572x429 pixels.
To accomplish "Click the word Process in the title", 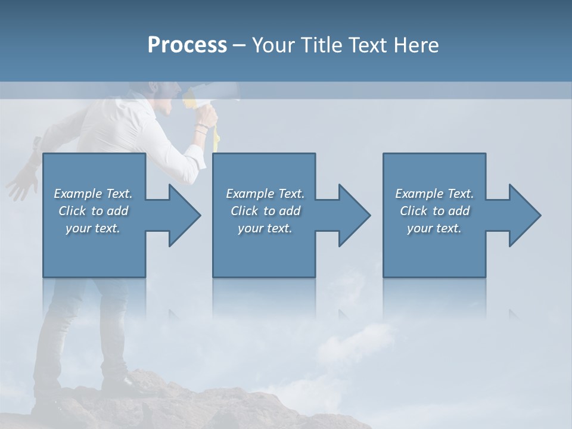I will point(187,45).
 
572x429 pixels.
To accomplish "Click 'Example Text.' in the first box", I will point(93,194).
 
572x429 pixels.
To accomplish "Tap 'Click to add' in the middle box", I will point(265,211).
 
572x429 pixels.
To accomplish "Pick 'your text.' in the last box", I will point(434,228).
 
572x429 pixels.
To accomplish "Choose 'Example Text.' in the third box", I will point(434,194).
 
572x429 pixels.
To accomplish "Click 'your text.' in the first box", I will point(93,228).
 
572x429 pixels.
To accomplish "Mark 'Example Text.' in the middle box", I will point(265,194).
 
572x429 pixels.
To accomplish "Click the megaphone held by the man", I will point(209,95).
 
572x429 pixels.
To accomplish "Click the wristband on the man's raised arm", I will point(203,128).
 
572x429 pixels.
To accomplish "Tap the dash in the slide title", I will point(240,45).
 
